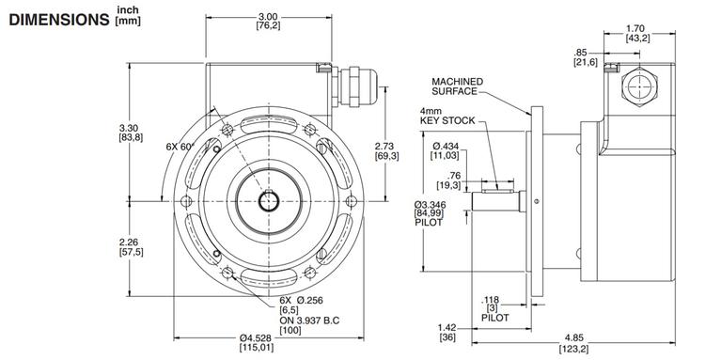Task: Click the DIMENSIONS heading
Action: coord(59,20)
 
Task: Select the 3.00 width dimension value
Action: coord(269,17)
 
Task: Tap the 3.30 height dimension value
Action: coord(131,128)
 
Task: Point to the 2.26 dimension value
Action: coord(131,243)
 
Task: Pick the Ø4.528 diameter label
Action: coord(257,338)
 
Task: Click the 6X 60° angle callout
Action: coord(179,147)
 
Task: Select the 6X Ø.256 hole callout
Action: coord(301,300)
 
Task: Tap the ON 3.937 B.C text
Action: coord(309,320)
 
